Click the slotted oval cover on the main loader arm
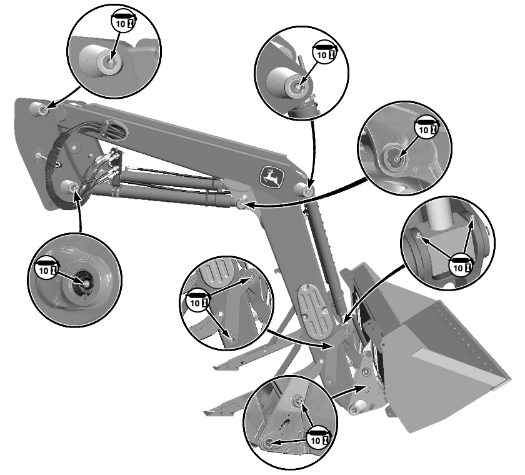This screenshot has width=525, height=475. pos(315,309)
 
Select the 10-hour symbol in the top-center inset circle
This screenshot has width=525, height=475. pos(324,52)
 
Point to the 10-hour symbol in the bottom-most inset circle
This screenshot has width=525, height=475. pos(318,437)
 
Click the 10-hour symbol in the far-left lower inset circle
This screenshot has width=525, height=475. pos(46,267)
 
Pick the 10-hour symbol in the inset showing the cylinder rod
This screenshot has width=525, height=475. pos(461,264)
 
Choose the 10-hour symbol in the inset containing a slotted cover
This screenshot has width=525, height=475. pos(197,299)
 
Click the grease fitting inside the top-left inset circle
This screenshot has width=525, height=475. pos(111,62)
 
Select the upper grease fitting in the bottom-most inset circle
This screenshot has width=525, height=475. pos(298,401)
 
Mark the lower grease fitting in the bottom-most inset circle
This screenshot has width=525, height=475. pos(268,442)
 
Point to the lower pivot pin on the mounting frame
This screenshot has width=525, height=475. pos(69,186)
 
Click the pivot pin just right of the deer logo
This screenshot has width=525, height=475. pos(304,190)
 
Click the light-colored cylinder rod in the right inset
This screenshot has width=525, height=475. pos(439,214)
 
